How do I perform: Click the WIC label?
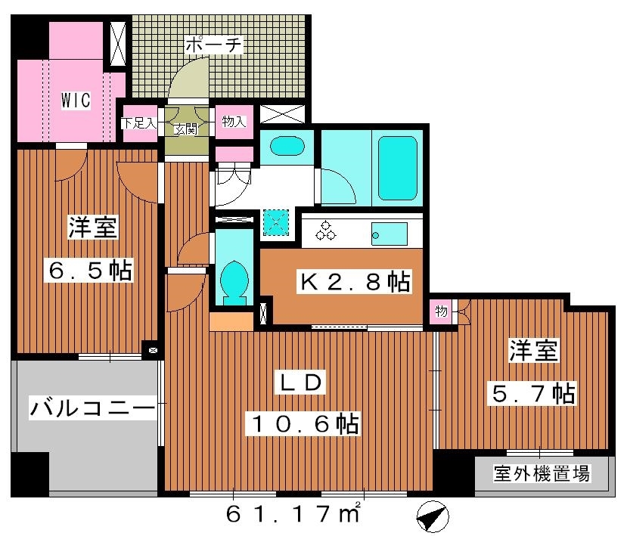click(x=76, y=98)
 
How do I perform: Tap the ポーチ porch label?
click(x=215, y=45)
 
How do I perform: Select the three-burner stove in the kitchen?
click(x=327, y=231)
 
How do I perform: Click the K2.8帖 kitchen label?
click(x=355, y=282)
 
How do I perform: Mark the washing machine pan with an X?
click(x=275, y=222)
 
